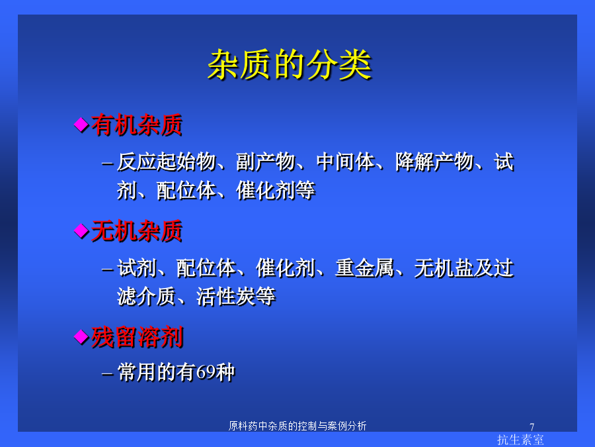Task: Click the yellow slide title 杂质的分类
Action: [x=290, y=65]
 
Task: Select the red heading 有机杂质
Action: [x=137, y=124]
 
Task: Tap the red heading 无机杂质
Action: [x=137, y=230]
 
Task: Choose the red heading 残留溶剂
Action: [x=137, y=337]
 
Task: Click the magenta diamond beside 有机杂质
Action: [x=81, y=124]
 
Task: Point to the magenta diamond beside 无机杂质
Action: [x=81, y=230]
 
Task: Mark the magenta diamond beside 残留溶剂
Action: [x=81, y=337]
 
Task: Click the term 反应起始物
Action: [x=166, y=162]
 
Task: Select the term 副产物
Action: [x=266, y=162]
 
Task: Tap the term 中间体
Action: [x=345, y=162]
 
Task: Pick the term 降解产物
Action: [x=434, y=162]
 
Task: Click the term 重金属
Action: [x=365, y=268]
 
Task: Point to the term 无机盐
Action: [x=444, y=268]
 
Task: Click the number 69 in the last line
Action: [x=206, y=372]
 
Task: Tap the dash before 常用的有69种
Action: [x=107, y=374]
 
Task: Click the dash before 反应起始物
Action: [x=107, y=164]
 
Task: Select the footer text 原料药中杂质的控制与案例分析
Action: [x=297, y=426]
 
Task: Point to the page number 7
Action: [x=532, y=427]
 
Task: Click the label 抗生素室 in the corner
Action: [x=520, y=440]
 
